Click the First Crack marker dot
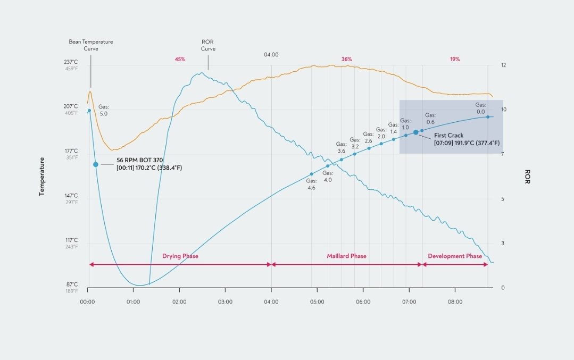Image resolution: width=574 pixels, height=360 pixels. point(416,132)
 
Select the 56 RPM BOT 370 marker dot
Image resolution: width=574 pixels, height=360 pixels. point(96,164)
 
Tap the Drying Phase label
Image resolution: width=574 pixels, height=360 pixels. point(180,256)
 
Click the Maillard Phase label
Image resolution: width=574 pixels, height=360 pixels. point(346,256)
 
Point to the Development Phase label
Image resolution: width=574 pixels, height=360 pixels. point(455,256)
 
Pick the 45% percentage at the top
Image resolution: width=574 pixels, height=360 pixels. point(180,59)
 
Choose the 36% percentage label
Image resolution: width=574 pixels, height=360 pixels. point(346,59)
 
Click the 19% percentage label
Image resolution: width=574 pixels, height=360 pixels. point(455,59)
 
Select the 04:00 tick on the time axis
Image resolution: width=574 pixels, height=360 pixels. point(271,302)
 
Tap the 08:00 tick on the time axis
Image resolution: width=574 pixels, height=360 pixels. point(455,302)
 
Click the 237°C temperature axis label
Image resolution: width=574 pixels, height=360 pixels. point(71,62)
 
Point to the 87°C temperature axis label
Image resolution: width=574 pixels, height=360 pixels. point(71,285)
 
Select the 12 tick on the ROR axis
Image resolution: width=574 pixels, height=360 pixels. point(503,65)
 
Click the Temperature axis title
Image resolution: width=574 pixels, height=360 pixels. point(41,177)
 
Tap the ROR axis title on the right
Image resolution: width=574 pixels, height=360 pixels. point(527,177)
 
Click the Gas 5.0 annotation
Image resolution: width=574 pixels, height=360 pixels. point(103,110)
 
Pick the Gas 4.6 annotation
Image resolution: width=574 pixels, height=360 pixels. point(311,184)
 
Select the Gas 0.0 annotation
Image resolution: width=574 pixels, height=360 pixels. point(480,108)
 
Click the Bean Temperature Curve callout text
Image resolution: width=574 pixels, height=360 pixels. point(91,45)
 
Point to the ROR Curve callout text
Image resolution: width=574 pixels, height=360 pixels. point(208,45)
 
